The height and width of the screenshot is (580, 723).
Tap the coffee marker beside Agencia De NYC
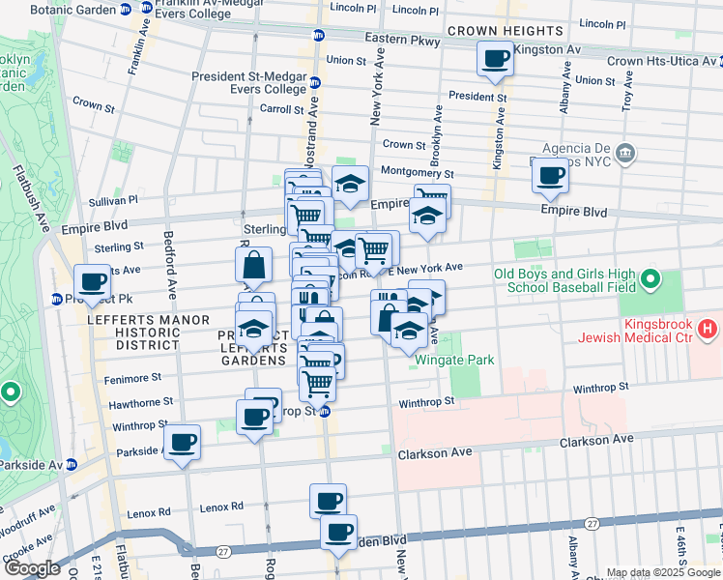tap(550, 176)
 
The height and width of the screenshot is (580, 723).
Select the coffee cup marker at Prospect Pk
tap(93, 282)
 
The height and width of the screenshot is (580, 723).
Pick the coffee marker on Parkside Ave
tap(181, 444)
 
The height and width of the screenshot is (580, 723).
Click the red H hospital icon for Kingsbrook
tap(708, 330)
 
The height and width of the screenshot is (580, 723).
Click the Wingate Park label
tap(454, 361)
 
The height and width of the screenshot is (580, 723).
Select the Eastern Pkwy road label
tap(396, 38)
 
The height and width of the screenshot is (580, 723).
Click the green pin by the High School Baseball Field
tap(651, 280)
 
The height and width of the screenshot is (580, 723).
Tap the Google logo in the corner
tap(33, 568)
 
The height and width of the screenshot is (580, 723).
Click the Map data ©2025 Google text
tap(663, 573)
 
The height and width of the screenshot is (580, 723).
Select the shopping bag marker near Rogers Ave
tap(253, 265)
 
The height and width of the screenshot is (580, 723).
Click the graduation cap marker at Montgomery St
tap(350, 183)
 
